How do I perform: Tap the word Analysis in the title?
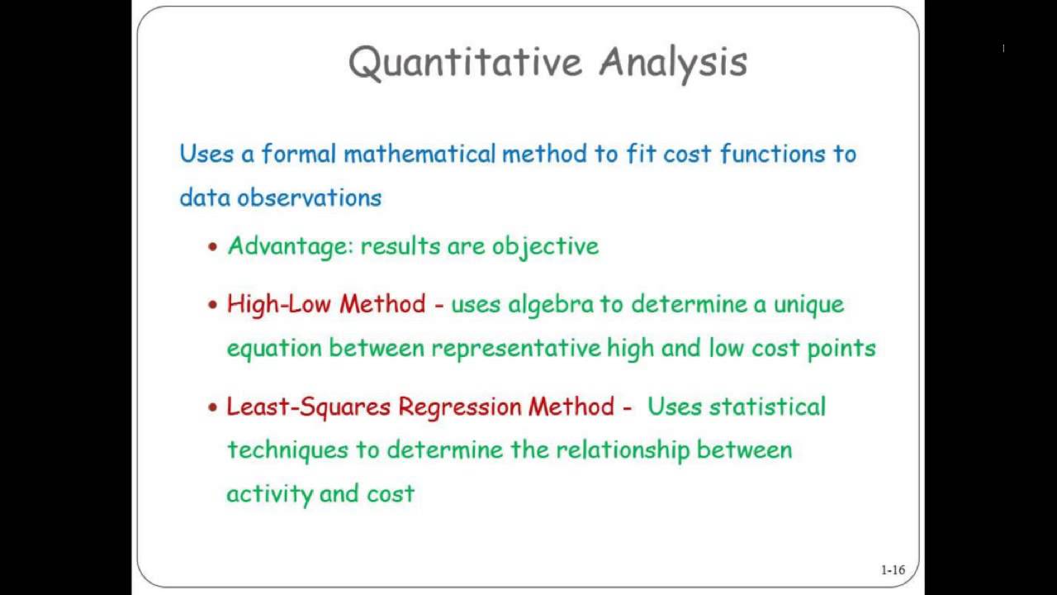pos(673,63)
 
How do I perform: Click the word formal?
pos(298,154)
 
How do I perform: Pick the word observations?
pos(310,198)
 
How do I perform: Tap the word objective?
pos(545,246)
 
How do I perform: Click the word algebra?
pos(551,305)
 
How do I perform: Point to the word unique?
pos(808,304)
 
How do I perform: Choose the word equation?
pos(274,349)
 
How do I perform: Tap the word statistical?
pos(767,407)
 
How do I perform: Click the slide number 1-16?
pos(893,569)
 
